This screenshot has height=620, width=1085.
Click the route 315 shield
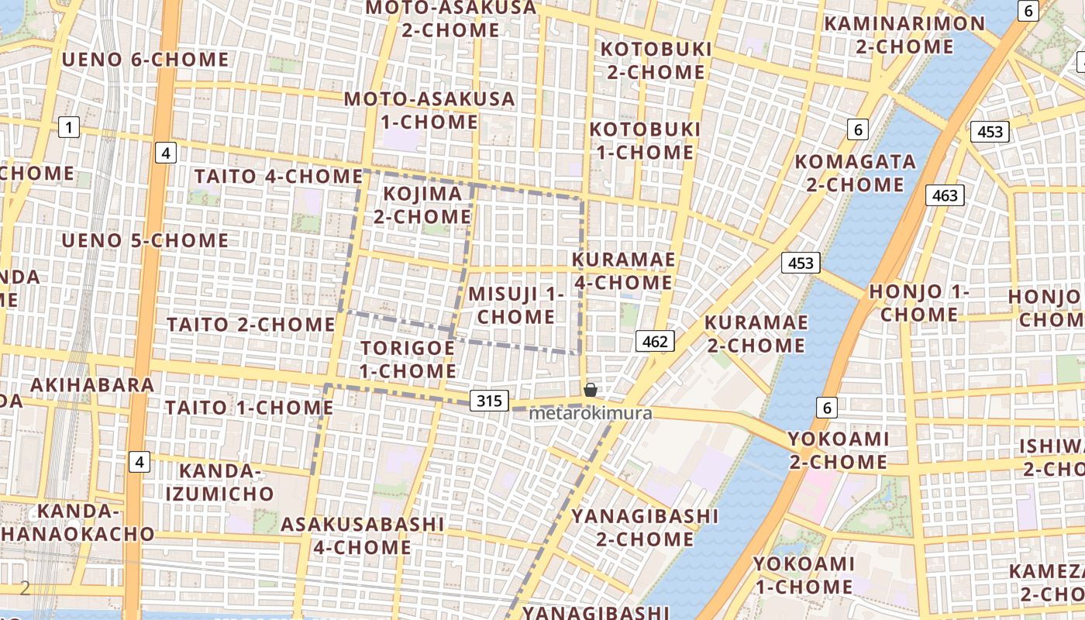click(x=489, y=401)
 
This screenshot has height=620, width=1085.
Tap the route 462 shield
click(x=655, y=341)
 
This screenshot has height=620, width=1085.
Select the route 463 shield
click(x=945, y=195)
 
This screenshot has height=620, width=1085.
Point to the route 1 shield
click(x=69, y=126)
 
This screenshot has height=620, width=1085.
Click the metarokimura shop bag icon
click(x=590, y=390)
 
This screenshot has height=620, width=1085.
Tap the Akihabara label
click(x=92, y=384)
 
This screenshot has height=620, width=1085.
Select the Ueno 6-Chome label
click(x=145, y=60)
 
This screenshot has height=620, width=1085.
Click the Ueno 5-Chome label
click(x=145, y=240)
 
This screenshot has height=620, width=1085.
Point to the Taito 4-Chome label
click(x=278, y=176)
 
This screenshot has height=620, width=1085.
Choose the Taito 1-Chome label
click(x=249, y=407)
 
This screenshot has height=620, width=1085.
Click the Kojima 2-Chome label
click(x=422, y=205)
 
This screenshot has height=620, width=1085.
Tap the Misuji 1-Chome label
click(x=516, y=305)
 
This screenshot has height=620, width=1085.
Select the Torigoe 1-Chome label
click(x=408, y=359)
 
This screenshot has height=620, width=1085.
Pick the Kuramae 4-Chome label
click(x=623, y=270)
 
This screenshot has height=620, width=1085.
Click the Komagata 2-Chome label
click(x=855, y=173)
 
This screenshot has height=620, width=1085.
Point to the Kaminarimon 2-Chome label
click(x=904, y=35)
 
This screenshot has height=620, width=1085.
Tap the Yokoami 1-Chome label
click(x=804, y=575)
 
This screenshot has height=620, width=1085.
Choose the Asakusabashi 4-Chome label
click(x=362, y=536)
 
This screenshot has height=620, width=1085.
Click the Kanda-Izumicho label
click(x=226, y=482)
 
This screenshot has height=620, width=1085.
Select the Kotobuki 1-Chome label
click(x=645, y=140)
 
